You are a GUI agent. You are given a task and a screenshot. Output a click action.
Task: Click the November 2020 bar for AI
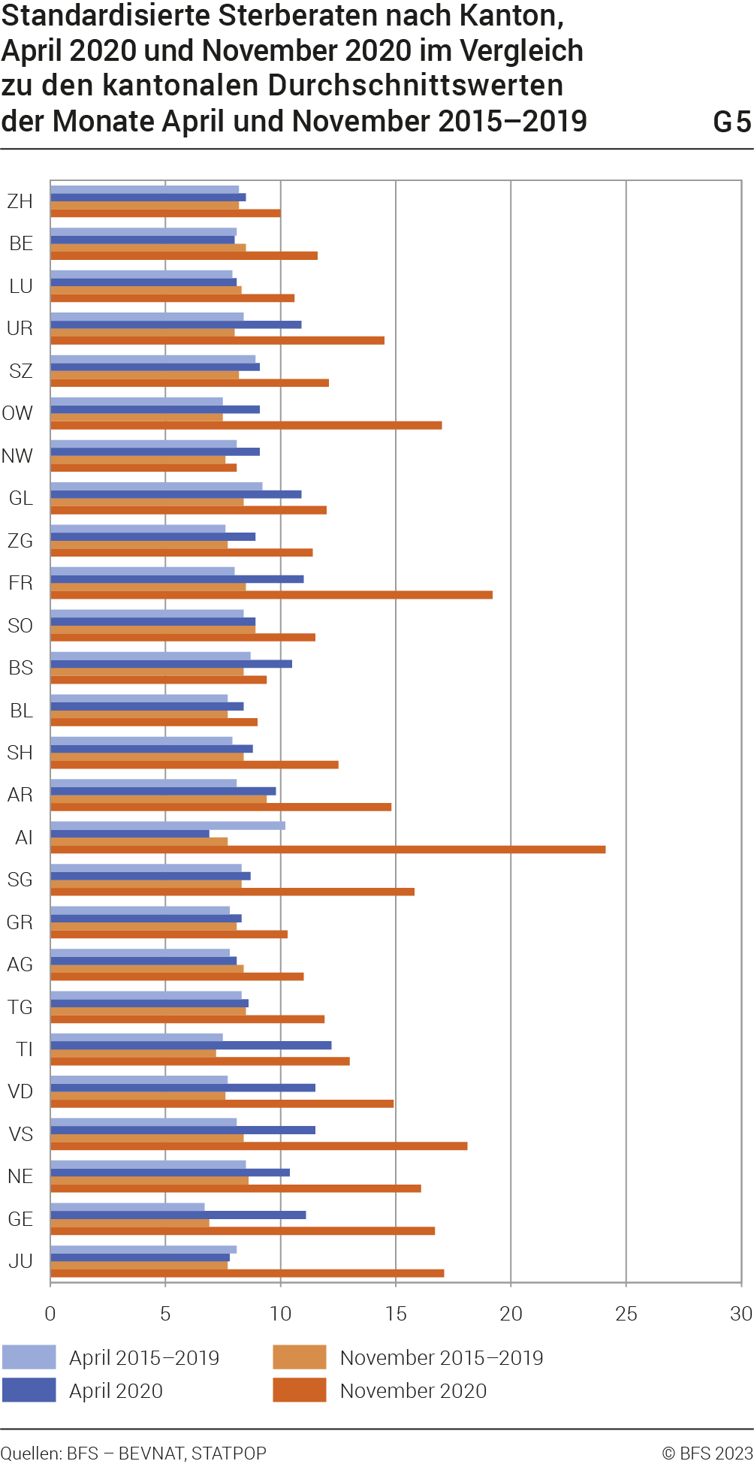tap(328, 850)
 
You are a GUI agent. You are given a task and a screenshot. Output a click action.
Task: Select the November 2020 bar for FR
tap(271, 595)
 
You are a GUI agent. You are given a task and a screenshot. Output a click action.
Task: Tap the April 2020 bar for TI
tap(191, 1046)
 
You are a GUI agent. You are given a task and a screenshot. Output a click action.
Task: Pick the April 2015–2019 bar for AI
tap(167, 826)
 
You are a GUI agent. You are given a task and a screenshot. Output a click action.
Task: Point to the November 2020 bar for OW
tap(246, 425)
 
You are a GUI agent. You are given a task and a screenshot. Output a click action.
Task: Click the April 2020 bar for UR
tap(176, 324)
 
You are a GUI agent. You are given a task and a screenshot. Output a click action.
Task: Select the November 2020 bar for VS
tap(259, 1146)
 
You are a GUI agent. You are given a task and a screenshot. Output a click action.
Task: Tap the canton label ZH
tap(20, 201)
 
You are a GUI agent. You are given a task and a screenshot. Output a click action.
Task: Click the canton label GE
tap(20, 1219)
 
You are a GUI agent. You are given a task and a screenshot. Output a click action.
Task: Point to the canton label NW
tap(18, 456)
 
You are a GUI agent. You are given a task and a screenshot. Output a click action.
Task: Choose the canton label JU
tap(20, 1261)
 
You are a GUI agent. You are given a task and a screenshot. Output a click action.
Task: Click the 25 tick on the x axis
tap(626, 1314)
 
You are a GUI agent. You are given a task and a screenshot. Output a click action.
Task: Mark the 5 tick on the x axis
tap(165, 1314)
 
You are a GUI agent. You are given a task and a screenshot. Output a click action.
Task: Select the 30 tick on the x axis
tap(740, 1314)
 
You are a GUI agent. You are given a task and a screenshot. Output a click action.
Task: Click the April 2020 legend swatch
tap(29, 1390)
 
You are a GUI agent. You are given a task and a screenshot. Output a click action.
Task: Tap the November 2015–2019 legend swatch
tap(300, 1357)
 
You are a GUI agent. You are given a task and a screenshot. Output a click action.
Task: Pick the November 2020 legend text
tap(413, 1391)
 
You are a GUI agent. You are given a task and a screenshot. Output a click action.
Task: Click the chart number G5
tap(731, 122)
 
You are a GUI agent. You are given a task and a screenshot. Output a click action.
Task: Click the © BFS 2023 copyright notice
tap(707, 1453)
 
